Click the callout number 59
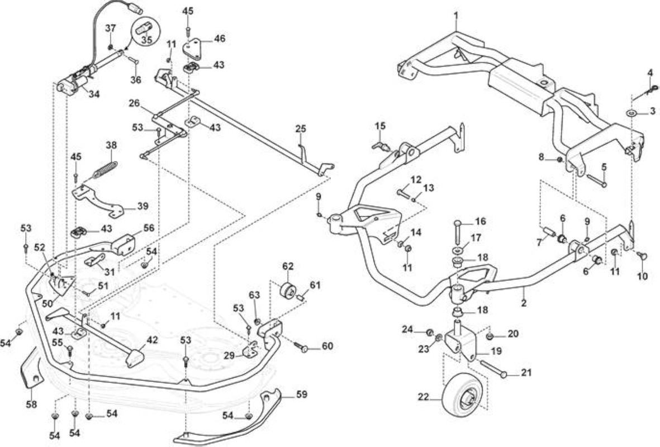click(x=301, y=394)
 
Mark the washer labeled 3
click(x=631, y=113)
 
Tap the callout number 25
click(x=301, y=129)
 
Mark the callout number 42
click(x=152, y=340)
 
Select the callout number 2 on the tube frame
click(x=524, y=303)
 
